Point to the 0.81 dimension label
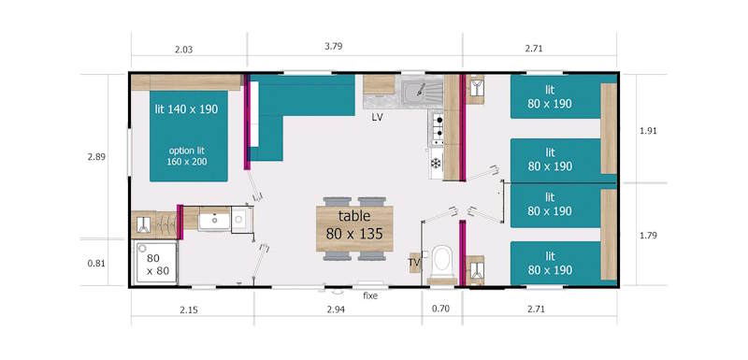pos(96,264)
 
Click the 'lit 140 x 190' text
pos(186,109)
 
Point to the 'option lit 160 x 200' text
pos(188,155)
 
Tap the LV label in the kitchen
pos(377,118)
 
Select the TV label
pos(413,263)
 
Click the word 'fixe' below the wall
pos(370,296)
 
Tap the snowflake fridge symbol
pos(436,165)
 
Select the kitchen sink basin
pos(414,93)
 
